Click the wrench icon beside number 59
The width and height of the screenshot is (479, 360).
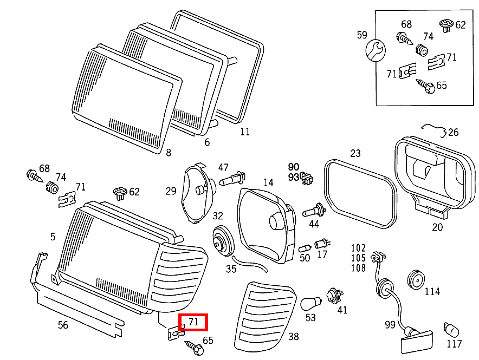click(x=376, y=50)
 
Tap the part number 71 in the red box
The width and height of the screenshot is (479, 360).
click(x=193, y=322)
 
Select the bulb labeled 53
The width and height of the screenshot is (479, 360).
click(x=310, y=303)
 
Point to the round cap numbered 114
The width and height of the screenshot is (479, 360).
click(x=416, y=279)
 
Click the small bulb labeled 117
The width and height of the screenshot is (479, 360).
click(x=451, y=330)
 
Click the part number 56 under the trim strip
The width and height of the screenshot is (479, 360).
click(x=63, y=325)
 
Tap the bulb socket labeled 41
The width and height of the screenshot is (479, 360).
click(x=335, y=296)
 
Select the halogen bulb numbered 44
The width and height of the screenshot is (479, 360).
click(x=314, y=211)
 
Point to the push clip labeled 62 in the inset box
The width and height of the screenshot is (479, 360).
click(x=446, y=25)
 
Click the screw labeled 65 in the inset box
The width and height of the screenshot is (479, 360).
click(x=425, y=86)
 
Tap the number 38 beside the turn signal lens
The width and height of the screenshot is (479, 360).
click(x=294, y=336)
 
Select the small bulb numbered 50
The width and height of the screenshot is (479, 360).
click(x=305, y=247)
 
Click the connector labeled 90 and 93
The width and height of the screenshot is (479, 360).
click(x=307, y=178)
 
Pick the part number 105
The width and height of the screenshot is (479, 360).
click(x=358, y=258)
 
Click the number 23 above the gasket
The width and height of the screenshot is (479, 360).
click(x=355, y=153)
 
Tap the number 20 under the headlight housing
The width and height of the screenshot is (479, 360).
click(x=437, y=227)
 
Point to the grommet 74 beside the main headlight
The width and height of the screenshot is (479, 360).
click(x=52, y=187)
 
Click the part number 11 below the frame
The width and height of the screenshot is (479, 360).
click(x=245, y=132)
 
